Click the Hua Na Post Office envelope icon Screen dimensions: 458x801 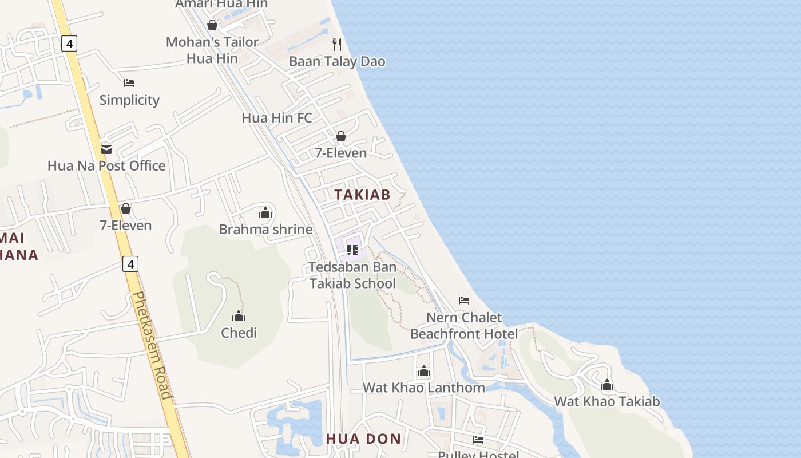[x=106, y=149]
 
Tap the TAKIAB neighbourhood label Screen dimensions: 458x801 [x=362, y=195]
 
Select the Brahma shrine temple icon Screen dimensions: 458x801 [x=265, y=213]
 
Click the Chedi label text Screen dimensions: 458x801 [x=239, y=333]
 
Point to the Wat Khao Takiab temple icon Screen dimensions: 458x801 [x=607, y=385]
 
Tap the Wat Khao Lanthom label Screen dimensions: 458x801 [x=424, y=388]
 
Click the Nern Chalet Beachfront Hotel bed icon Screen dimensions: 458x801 [x=464, y=301]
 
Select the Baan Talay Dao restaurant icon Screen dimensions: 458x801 [x=337, y=45]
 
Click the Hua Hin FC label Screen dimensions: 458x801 [x=277, y=118]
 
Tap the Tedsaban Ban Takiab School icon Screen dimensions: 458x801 [x=352, y=250]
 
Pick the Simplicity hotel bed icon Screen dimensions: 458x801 [x=129, y=83]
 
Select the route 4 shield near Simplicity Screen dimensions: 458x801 [x=69, y=44]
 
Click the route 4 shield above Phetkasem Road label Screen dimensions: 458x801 [x=130, y=264]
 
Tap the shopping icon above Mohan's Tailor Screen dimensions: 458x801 [x=212, y=26]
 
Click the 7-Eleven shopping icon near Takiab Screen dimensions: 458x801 [x=341, y=136]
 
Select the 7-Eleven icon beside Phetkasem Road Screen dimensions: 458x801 [x=126, y=208]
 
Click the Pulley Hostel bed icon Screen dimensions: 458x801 [x=478, y=440]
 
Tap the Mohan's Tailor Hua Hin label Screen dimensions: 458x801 [x=212, y=50]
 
